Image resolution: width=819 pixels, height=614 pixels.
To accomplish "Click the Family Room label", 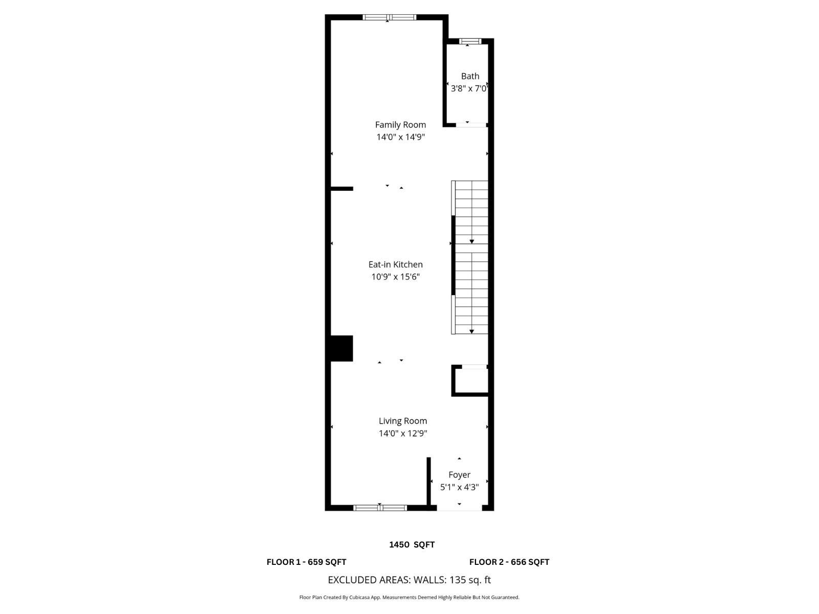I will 400,124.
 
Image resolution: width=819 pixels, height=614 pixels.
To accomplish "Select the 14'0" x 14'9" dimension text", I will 400,137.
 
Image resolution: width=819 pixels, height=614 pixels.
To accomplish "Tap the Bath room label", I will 470,76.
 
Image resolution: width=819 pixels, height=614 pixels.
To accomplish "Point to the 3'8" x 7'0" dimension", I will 469,89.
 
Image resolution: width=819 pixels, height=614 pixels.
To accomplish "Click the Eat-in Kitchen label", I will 395,265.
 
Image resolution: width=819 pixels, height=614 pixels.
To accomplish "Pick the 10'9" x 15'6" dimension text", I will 395,277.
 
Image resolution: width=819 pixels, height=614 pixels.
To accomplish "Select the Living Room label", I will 402,421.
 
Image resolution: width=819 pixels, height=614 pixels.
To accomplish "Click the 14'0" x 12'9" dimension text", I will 402,433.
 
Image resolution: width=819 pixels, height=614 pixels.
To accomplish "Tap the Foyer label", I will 459,475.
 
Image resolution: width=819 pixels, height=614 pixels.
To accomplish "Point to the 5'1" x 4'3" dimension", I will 459,487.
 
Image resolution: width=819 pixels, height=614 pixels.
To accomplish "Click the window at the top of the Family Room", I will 390,17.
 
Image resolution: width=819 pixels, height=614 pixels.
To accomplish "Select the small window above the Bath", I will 470,41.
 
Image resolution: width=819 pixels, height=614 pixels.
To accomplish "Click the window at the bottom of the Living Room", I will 380,508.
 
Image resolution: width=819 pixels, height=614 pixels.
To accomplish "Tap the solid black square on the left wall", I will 341,348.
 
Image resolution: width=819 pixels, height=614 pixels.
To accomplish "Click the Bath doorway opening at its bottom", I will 471,124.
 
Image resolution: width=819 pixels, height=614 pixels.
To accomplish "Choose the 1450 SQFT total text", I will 412,544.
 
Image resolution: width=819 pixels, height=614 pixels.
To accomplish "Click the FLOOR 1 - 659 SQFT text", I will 306,562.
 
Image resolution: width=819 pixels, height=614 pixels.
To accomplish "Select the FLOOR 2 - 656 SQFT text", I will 509,562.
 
